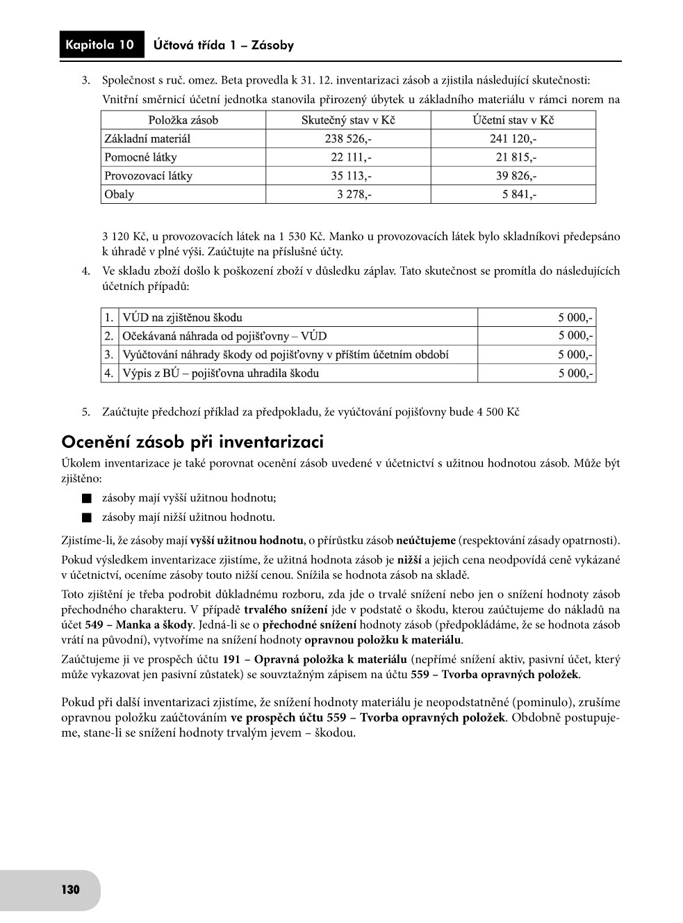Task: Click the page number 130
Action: click(x=70, y=890)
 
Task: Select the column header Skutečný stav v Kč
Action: click(x=348, y=120)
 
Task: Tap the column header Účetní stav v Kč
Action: click(x=513, y=120)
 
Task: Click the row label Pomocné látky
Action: click(x=140, y=157)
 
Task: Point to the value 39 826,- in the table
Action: click(x=516, y=176)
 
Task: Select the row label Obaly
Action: click(x=119, y=194)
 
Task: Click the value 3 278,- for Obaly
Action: click(x=354, y=194)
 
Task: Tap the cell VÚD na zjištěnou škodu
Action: click(x=183, y=318)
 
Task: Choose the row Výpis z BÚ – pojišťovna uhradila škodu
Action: click(x=221, y=374)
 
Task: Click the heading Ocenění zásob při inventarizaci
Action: click(x=192, y=442)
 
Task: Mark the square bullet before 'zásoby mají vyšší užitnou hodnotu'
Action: click(x=86, y=499)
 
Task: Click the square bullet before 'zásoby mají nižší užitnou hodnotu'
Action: click(x=86, y=517)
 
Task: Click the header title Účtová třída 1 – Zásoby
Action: click(x=224, y=46)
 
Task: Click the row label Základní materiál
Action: click(x=147, y=139)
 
